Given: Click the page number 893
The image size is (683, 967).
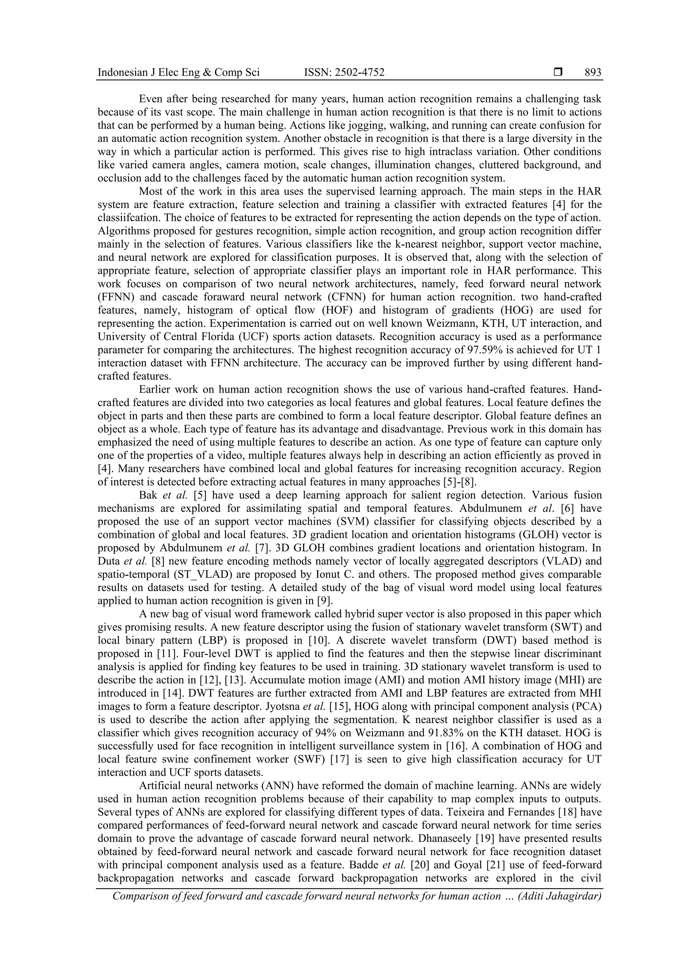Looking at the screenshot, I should click(x=593, y=73).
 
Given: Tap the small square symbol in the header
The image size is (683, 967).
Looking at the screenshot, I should click(x=558, y=72).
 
